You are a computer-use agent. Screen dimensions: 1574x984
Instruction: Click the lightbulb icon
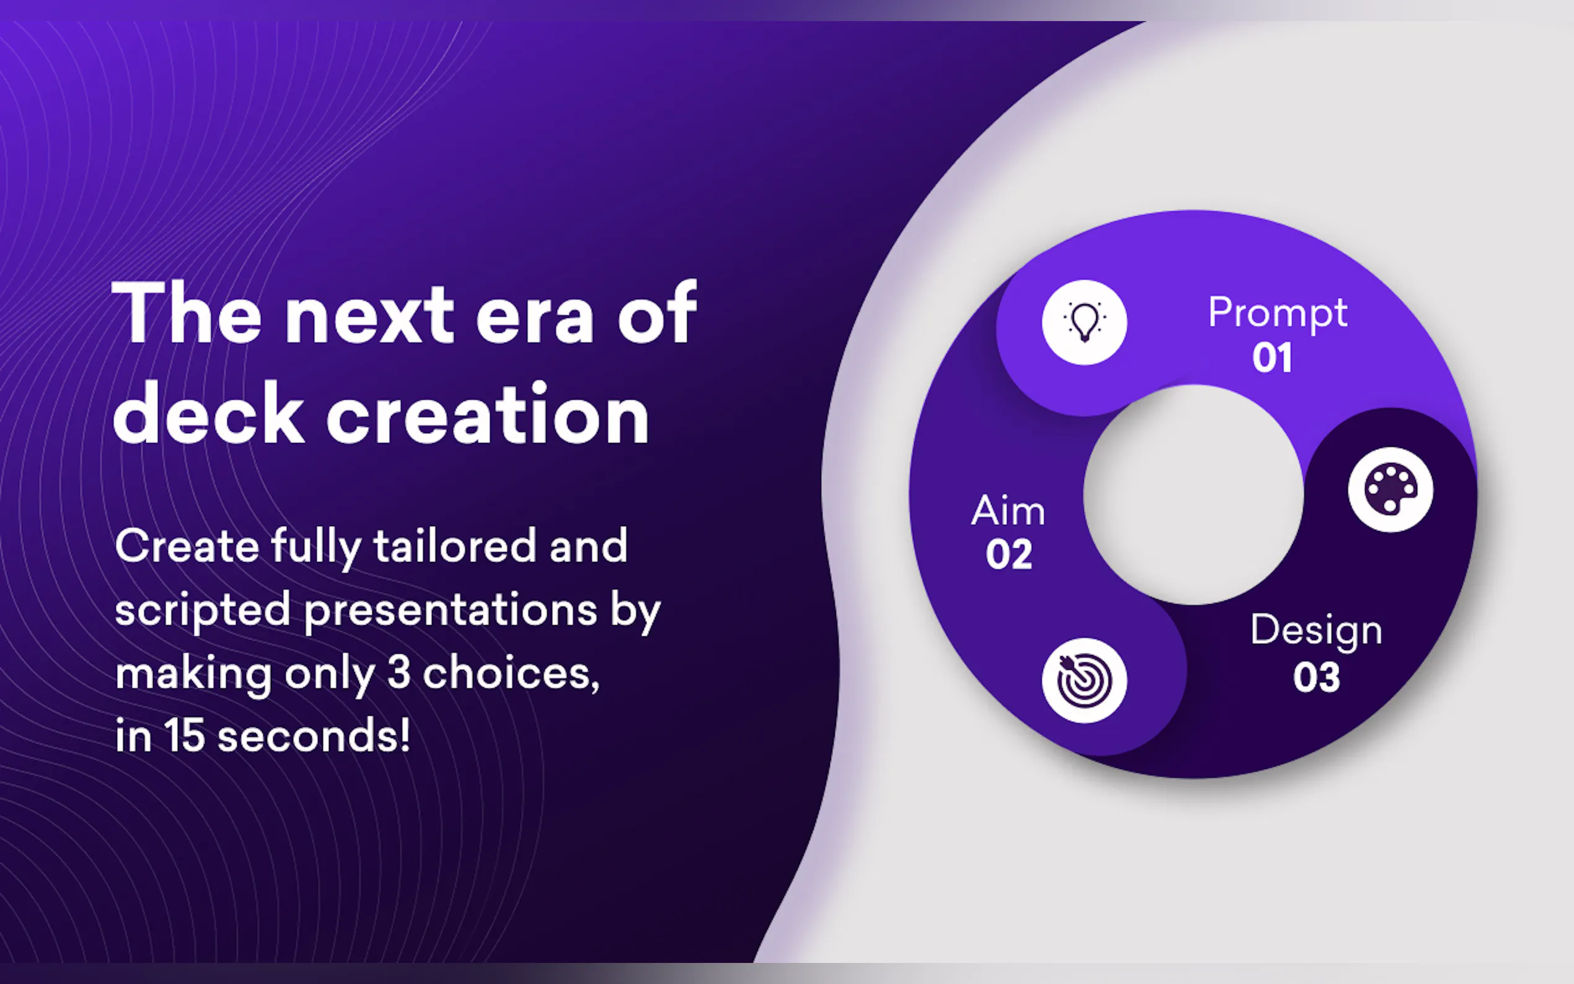point(1084,322)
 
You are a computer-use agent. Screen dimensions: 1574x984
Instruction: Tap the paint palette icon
point(1390,490)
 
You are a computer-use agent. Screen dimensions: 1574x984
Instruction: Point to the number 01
point(1272,358)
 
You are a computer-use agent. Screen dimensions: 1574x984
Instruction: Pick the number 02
point(1009,555)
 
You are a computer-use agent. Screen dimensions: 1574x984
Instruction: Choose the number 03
point(1316,677)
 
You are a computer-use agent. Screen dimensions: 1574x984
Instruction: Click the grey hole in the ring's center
point(1194,494)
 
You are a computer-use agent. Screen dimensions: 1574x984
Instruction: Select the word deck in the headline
point(209,413)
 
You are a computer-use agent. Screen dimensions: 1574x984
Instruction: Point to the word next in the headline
point(369,315)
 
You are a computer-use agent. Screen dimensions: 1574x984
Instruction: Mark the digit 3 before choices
point(398,673)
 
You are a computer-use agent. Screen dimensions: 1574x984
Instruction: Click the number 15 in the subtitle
point(184,736)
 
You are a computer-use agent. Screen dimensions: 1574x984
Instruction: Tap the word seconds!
point(314,736)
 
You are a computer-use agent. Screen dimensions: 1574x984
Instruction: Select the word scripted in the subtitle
point(203,612)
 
